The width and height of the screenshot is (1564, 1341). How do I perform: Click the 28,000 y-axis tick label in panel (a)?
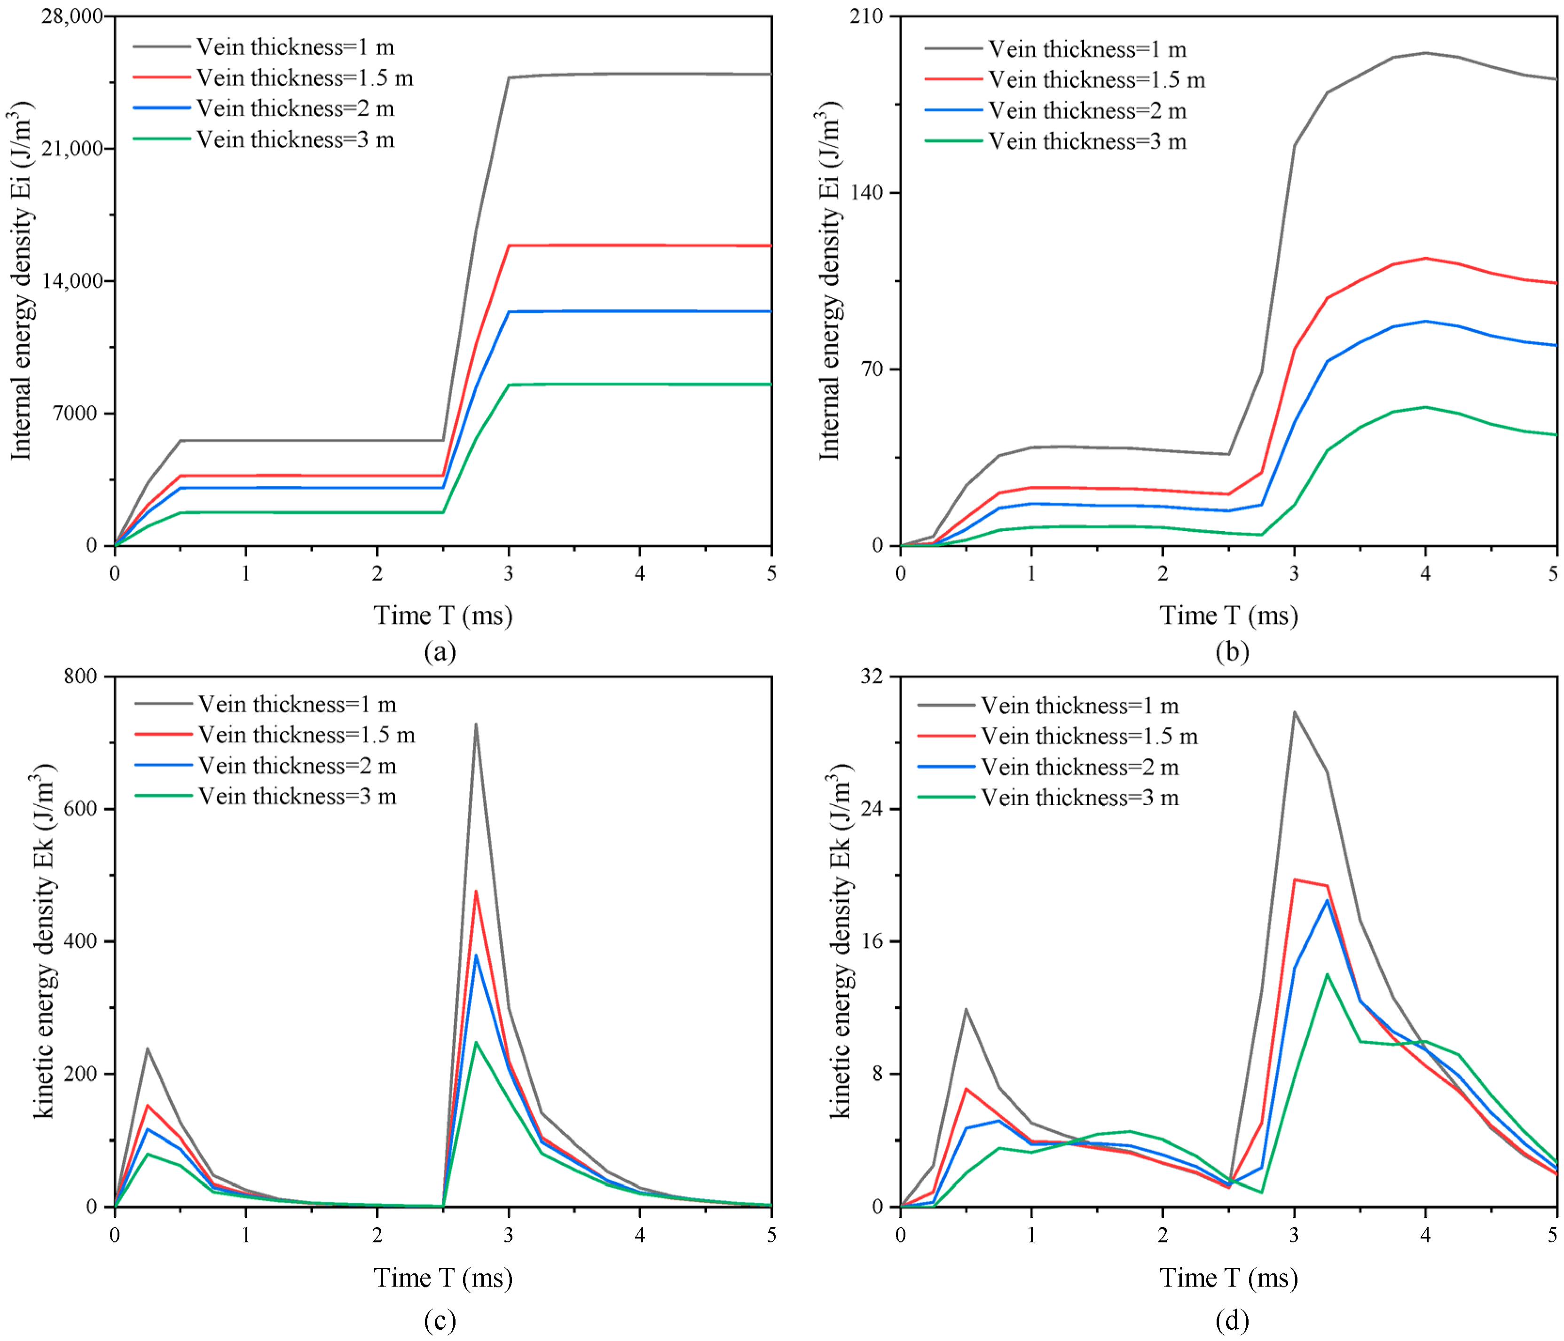pyautogui.click(x=72, y=16)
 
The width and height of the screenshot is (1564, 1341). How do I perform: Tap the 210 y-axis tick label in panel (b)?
pyautogui.click(x=866, y=16)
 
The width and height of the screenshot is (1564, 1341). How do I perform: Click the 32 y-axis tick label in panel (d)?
pyautogui.click(x=872, y=677)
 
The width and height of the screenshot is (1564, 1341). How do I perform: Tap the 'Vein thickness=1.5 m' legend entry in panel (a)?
pyautogui.click(x=273, y=78)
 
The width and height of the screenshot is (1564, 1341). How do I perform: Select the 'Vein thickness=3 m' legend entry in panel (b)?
pyautogui.click(x=1056, y=141)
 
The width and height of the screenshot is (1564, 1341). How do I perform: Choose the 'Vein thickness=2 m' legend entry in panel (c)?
pyautogui.click(x=266, y=765)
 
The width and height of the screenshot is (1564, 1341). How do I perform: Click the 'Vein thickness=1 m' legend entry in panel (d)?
pyautogui.click(x=1048, y=705)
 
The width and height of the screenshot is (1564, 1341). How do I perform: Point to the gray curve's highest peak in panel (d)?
pyautogui.click(x=1294, y=712)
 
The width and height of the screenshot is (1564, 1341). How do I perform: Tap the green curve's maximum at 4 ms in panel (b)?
pyautogui.click(x=1425, y=407)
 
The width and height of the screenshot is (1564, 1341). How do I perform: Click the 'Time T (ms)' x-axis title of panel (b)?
pyautogui.click(x=1229, y=615)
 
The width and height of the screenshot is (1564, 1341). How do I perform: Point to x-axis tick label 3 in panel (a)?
pyautogui.click(x=509, y=573)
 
